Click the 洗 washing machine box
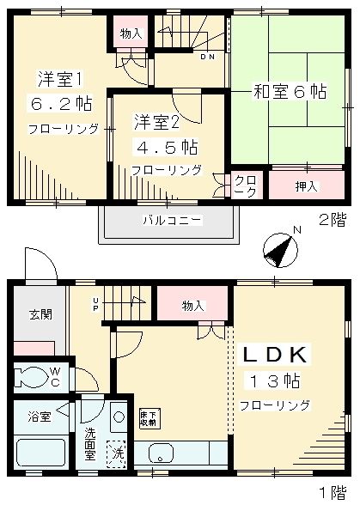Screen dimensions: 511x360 (114, 449)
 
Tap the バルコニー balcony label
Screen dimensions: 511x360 (172, 221)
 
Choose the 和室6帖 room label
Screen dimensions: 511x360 (290, 89)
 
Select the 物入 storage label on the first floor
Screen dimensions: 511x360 (193, 305)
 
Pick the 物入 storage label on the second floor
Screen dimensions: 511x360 (131, 33)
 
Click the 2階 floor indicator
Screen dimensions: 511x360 (331, 220)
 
